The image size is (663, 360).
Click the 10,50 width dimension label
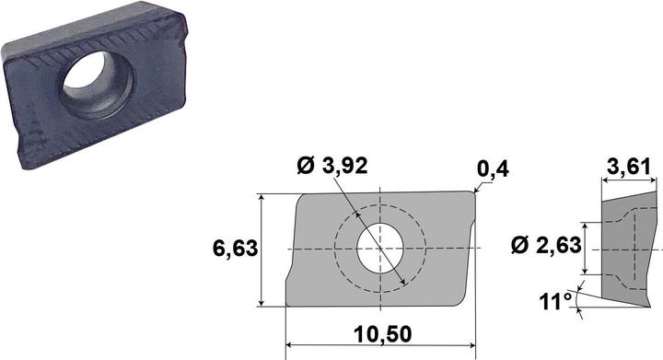tap(383, 334)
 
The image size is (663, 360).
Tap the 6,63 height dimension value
tap(235, 248)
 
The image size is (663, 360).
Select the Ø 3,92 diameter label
tap(331, 165)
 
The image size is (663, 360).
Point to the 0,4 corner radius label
tap(493, 169)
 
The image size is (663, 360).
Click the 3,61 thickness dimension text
tap(629, 168)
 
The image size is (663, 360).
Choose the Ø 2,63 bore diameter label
tap(546, 245)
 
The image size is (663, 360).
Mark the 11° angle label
tap(554, 301)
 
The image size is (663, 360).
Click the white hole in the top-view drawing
tap(380, 248)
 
